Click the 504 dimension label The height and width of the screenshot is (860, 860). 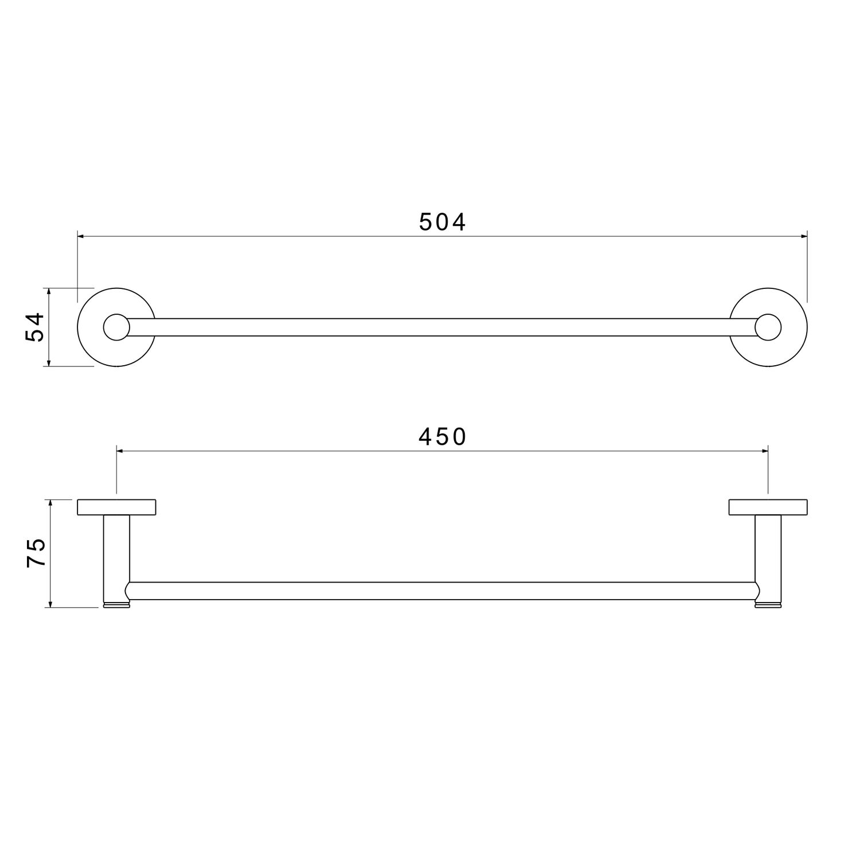[443, 222]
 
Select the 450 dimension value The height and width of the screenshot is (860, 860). [443, 437]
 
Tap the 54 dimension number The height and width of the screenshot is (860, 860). [35, 327]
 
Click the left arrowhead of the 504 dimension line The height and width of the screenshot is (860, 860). [81, 236]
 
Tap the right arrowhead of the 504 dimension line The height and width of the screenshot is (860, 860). [803, 236]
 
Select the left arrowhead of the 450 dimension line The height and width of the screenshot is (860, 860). [120, 451]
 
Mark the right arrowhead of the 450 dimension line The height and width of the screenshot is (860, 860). [764, 451]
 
